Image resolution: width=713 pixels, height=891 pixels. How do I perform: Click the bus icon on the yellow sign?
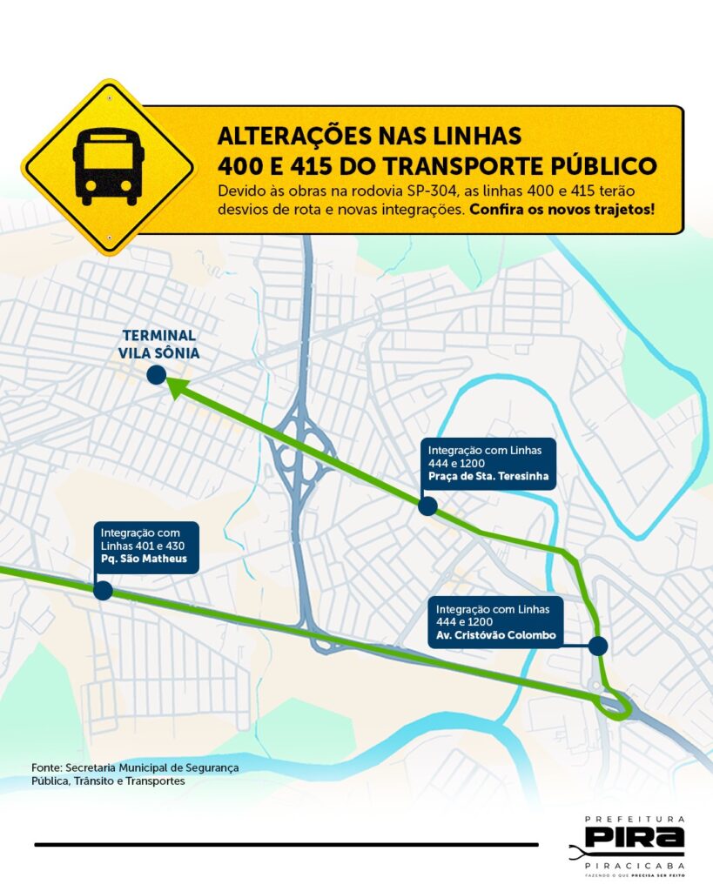pos(109,166)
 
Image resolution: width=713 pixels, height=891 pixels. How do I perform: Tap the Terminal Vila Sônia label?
pos(159,344)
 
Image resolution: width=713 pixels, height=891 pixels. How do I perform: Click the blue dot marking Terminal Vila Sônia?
pos(157,375)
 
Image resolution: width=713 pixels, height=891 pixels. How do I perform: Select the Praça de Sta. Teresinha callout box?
pos(489,464)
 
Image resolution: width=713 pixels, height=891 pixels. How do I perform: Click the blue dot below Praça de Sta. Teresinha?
pos(427,506)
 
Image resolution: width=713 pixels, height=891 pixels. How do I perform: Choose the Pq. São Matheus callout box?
pos(146,546)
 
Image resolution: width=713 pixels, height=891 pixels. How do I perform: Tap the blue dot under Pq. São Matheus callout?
pos(102,591)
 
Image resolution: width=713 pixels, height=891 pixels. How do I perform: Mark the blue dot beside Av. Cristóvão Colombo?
pos(597,646)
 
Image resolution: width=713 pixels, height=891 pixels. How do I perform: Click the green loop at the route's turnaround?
pos(616,705)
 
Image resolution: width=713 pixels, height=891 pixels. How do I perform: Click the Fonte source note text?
pos(134,774)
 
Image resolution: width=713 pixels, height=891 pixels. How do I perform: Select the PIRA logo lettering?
pos(635,838)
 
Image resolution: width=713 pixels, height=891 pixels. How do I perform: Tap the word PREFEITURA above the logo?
pos(635,820)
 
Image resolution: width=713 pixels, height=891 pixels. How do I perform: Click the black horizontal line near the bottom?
pos(286,844)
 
